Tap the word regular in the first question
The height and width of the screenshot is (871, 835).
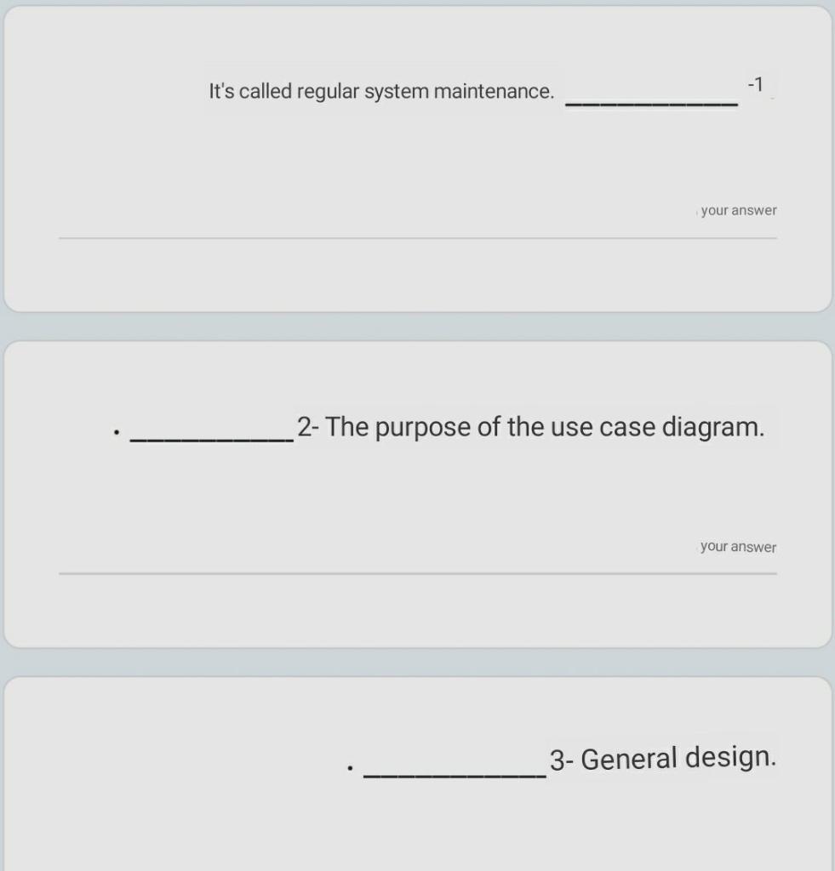(x=329, y=92)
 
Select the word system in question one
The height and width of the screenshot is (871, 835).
(x=397, y=92)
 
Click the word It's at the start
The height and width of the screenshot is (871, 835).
(x=221, y=91)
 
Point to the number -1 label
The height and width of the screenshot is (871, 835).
(x=755, y=84)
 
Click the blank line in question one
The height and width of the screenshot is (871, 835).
(x=652, y=102)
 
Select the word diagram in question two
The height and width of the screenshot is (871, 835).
(x=713, y=426)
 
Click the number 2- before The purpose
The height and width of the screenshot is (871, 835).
(x=307, y=426)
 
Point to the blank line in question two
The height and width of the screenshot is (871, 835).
(x=211, y=439)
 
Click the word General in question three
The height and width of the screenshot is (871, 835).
(x=628, y=758)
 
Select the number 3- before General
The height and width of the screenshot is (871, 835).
(x=562, y=759)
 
